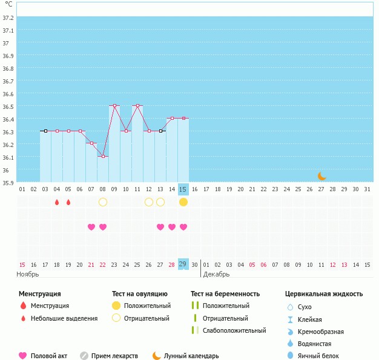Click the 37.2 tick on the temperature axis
pyautogui.click(x=8, y=18)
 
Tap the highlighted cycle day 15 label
pyautogui.click(x=183, y=189)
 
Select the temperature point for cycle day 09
pyautogui.click(x=114, y=106)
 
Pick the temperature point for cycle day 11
pyautogui.click(x=137, y=106)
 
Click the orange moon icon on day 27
pyautogui.click(x=322, y=176)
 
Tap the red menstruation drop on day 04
pyautogui.click(x=57, y=202)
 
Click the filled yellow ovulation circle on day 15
pyautogui.click(x=183, y=202)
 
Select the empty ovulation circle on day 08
pyautogui.click(x=103, y=202)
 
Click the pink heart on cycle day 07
pyautogui.click(x=91, y=227)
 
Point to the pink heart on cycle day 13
pyautogui.click(x=160, y=227)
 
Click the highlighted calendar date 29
pyautogui.click(x=183, y=264)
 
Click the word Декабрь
pyautogui.click(x=217, y=274)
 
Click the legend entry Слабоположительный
pyautogui.click(x=234, y=330)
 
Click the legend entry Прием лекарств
pyautogui.click(x=114, y=356)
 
